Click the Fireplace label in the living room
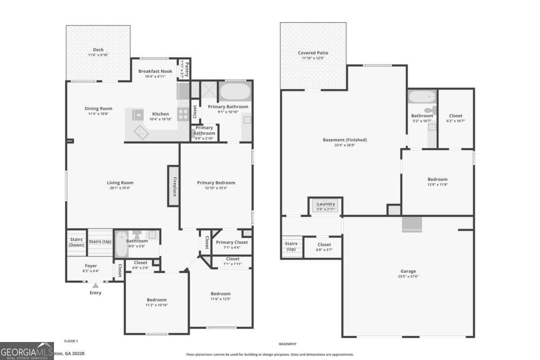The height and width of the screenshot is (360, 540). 174,186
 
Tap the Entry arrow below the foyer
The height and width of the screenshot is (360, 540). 95,285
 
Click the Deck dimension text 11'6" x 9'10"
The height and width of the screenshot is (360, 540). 99,55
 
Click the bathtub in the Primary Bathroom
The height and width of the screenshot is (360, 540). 234,92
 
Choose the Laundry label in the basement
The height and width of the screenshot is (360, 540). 325,204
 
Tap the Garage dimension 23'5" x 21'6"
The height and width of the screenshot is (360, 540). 408,276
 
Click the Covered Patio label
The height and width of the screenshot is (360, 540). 313,53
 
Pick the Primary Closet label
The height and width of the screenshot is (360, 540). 232,243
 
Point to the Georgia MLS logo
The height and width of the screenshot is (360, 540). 27,350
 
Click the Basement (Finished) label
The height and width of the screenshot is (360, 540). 345,139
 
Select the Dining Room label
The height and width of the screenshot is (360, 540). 99,108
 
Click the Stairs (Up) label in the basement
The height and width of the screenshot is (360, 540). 291,246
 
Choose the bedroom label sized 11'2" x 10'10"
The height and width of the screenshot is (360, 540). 157,300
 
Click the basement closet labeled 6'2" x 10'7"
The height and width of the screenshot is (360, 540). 455,116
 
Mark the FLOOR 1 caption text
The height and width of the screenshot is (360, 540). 71,341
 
